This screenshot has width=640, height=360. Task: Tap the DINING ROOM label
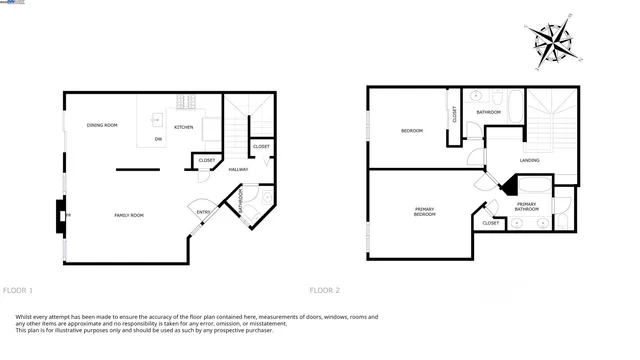(x=102, y=125)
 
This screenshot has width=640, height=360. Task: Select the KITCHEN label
(x=184, y=127)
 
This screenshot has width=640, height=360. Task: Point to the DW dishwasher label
(x=158, y=140)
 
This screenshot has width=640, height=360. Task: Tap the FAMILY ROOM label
(x=130, y=215)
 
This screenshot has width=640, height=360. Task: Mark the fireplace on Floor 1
(x=61, y=215)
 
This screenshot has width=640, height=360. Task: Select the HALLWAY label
(x=238, y=169)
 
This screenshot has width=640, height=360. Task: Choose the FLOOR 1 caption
(x=18, y=290)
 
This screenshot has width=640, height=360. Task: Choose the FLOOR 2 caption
(x=324, y=290)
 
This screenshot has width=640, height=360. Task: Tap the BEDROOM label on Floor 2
(x=412, y=131)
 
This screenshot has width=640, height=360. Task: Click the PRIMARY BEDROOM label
(x=424, y=211)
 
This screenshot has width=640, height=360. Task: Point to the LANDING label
(x=530, y=160)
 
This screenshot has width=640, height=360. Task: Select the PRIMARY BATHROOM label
(x=526, y=206)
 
